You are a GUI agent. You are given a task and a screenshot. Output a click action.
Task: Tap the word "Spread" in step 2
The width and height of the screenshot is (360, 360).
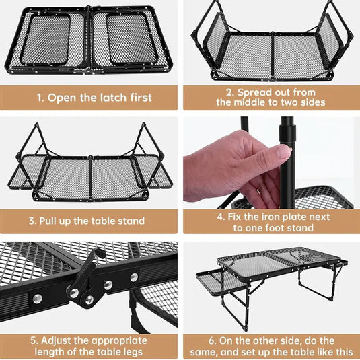pos(252,92)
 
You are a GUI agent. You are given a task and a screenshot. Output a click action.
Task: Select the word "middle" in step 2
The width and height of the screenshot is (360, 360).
pos(251,102)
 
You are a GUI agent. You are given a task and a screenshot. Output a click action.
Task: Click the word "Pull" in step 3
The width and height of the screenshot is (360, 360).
pos(48,221)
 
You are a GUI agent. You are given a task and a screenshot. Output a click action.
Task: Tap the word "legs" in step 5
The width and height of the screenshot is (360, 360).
pos(133,352)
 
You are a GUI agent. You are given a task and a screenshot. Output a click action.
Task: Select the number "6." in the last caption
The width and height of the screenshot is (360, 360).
pos(213,340)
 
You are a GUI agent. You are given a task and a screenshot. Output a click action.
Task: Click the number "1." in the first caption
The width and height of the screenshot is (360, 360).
pos(40,98)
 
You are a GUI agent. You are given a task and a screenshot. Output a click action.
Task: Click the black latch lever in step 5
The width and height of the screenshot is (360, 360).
pos(88,278)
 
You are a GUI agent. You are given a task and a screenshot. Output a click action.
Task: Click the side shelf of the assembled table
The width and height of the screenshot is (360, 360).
pos(221,283)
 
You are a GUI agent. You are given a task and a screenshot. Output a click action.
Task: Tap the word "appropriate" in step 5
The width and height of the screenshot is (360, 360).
pos(120,341)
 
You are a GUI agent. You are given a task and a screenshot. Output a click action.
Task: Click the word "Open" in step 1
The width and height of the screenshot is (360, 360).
pos(62,98)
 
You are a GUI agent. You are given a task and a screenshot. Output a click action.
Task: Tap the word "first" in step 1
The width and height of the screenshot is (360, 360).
pos(141,98)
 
